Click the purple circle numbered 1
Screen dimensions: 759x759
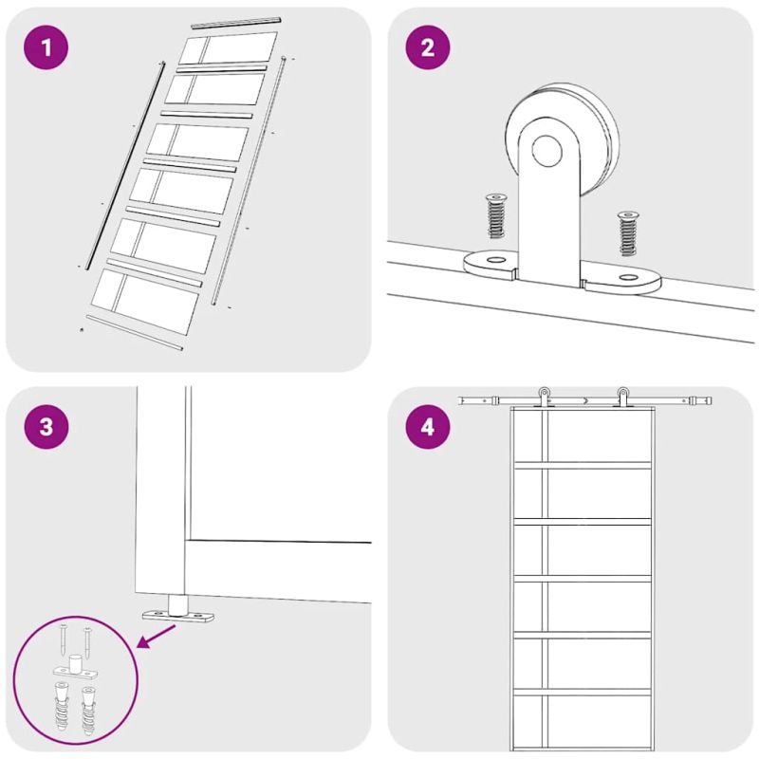tap(46, 47)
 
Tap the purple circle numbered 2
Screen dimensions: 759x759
tap(428, 47)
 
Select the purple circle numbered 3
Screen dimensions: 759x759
tap(46, 427)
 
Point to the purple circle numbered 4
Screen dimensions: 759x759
tap(428, 427)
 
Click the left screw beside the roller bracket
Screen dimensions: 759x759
tap(495, 216)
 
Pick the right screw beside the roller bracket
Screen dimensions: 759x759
tap(628, 233)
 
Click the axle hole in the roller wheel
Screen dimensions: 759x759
tap(547, 151)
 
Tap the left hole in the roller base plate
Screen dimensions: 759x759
tap(494, 260)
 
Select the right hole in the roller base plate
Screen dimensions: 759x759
tap(628, 277)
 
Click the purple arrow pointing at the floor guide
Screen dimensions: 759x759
tap(157, 636)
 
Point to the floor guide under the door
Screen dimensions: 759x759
tap(177, 610)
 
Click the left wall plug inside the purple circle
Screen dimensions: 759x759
tap(62, 706)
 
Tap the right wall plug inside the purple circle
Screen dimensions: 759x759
tap(88, 710)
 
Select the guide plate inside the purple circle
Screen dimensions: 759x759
tap(75, 667)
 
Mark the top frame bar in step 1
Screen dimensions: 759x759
tap(235, 23)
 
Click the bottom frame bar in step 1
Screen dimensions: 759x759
tap(135, 333)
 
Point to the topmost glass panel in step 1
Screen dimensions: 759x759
tap(228, 48)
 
